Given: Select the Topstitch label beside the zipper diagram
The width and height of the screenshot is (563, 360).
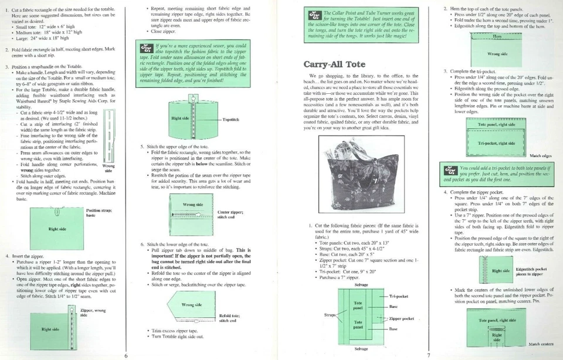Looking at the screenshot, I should pyautogui.click(x=230, y=119).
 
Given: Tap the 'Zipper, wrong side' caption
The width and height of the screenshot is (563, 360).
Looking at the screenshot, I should pyautogui.click(x=93, y=312).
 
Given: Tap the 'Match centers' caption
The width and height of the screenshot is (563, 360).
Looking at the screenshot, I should pyautogui.click(x=540, y=344).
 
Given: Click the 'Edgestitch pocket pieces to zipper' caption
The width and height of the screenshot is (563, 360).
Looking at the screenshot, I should pyautogui.click(x=531, y=271).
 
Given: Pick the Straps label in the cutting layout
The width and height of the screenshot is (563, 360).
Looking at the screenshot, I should pyautogui.click(x=331, y=315).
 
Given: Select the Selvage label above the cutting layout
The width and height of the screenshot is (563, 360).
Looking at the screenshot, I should pyautogui.click(x=361, y=284).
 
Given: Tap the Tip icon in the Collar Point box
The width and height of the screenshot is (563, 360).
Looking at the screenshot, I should pyautogui.click(x=313, y=22).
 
